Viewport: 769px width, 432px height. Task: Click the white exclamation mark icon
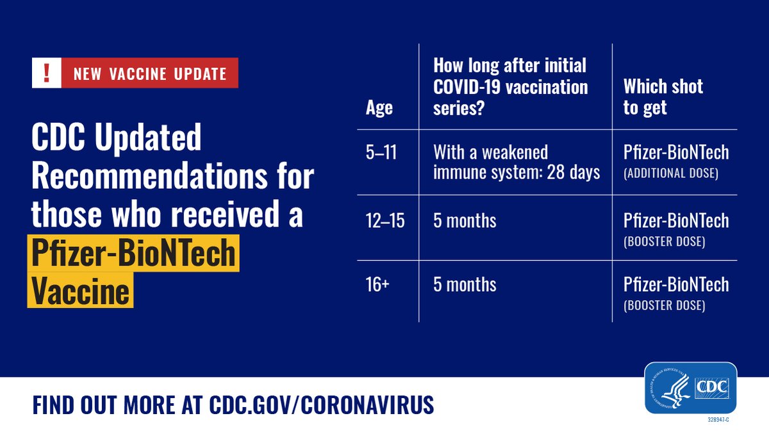tap(45, 73)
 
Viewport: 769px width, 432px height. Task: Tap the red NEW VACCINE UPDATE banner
tap(149, 74)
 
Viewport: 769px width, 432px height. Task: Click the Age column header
tap(379, 108)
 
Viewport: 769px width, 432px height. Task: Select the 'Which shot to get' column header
tap(663, 97)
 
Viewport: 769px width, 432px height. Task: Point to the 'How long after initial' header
tap(510, 65)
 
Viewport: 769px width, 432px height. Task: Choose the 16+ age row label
tap(377, 284)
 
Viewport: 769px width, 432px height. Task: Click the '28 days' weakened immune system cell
tap(517, 163)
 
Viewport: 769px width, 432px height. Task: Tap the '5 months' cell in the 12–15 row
tap(465, 221)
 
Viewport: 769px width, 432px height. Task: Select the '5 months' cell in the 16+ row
tap(465, 284)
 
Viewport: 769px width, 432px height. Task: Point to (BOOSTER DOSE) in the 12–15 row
tap(664, 243)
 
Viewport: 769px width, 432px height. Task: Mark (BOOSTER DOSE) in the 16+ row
tap(664, 306)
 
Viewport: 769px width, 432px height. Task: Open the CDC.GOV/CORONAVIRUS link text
tap(321, 404)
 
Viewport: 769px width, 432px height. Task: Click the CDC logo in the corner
tap(691, 388)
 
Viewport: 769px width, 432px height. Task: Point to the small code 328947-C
tap(718, 419)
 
